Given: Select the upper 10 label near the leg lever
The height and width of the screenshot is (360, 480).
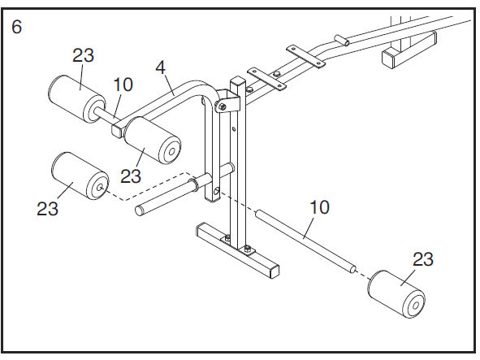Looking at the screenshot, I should click(x=123, y=84).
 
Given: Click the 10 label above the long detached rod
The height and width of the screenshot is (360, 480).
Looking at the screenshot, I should click(x=319, y=207).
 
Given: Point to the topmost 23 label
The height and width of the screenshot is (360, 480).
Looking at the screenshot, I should click(x=84, y=56).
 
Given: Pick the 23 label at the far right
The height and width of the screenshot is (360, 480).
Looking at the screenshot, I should click(x=422, y=260).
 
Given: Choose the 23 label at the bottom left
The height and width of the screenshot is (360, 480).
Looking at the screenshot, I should click(x=48, y=208).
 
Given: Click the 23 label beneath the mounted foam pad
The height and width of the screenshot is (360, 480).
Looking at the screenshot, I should click(x=132, y=176).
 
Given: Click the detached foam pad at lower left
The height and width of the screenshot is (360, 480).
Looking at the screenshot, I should click(x=80, y=177).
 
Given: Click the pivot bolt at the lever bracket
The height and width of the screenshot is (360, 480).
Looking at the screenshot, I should click(x=221, y=106).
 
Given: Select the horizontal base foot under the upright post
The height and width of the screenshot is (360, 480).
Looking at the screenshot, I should click(x=237, y=247).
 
